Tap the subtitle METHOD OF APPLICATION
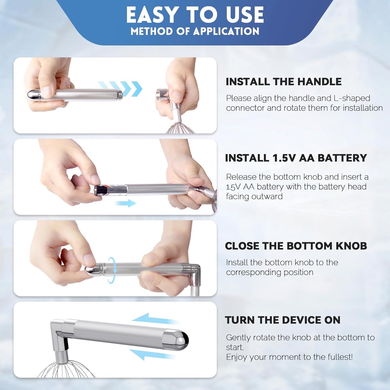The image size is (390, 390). coord(195,31)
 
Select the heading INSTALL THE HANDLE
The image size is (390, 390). coord(284,82)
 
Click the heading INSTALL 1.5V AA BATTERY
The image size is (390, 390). coord(296,158)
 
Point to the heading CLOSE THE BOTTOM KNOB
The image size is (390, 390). coord(296,246)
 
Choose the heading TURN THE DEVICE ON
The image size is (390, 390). coord(283,320)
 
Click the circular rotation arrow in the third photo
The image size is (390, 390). coord(112,270)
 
